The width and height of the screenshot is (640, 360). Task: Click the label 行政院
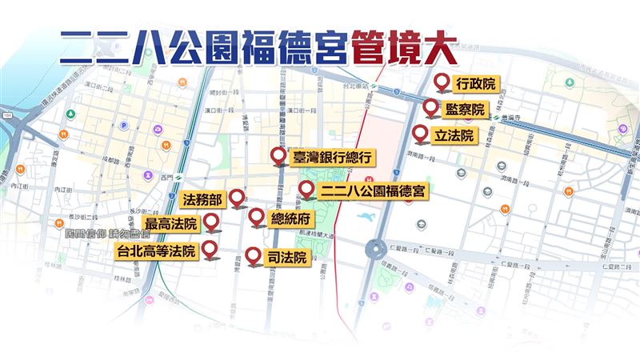[474, 82]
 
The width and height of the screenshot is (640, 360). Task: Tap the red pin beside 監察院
[430, 108]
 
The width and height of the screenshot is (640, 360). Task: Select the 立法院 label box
[454, 135]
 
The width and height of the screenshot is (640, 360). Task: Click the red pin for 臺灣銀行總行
[278, 157]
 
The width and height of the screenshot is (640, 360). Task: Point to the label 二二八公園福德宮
[374, 191]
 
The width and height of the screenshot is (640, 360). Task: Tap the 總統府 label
[290, 218]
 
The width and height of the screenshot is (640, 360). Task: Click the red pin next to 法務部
[237, 198]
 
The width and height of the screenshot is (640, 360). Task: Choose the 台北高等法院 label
[155, 251]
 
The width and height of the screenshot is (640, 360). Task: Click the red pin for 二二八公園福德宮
[305, 190]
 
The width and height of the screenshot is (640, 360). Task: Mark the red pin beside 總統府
[256, 216]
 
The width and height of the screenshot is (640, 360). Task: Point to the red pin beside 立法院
[419, 134]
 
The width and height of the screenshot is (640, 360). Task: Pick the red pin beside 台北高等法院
[210, 250]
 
